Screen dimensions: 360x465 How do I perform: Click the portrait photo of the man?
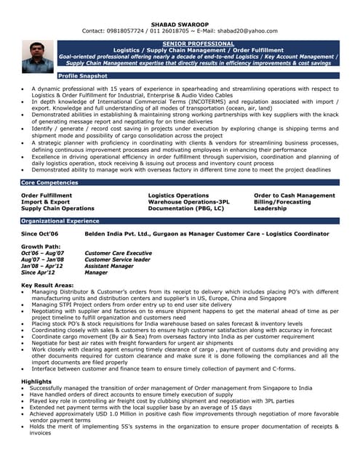(38, 57)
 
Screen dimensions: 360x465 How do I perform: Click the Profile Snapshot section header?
(83, 76)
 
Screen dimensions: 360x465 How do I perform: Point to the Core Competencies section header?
(49, 182)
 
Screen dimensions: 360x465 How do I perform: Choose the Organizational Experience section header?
(60, 220)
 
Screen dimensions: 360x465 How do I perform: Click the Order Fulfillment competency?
(47, 195)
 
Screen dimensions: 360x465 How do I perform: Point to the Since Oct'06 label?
(40, 234)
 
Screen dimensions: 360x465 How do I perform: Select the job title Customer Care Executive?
(119, 254)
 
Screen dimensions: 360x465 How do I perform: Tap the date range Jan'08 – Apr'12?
(43, 266)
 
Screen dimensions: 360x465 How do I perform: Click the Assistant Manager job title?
(109, 266)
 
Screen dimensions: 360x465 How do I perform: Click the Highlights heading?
(36, 381)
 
